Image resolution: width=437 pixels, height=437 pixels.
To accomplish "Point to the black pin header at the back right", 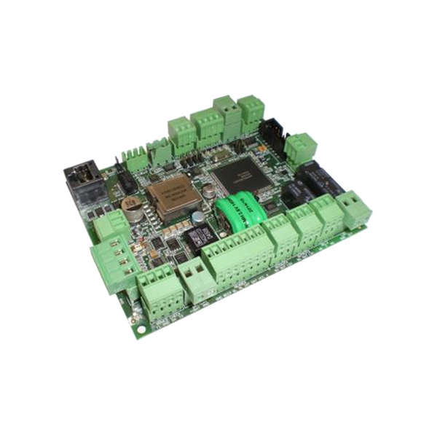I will pos(273,131).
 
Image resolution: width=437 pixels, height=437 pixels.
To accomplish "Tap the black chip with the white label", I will pos(194,237).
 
